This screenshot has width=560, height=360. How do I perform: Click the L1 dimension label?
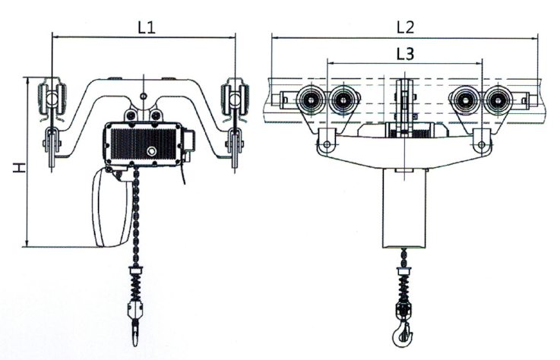click(147, 27)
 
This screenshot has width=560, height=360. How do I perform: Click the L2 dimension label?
click(406, 27)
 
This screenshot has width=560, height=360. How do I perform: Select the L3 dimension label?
click(405, 54)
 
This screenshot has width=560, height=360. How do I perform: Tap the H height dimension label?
click(19, 167)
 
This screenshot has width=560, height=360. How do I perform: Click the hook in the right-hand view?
click(403, 334)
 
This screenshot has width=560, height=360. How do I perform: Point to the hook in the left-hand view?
click(135, 333)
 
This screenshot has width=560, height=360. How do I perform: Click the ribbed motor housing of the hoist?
click(144, 144)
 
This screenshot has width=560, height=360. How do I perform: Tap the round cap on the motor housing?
click(151, 151)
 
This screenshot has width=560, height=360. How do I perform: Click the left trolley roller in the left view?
click(52, 98)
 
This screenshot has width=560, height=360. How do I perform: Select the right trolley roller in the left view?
click(235, 99)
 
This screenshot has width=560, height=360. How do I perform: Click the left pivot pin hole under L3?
click(327, 144)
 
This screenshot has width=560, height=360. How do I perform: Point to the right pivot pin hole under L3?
click(482, 144)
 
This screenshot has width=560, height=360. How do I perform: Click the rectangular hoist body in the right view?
click(404, 208)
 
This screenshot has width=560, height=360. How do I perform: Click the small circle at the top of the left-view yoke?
click(143, 96)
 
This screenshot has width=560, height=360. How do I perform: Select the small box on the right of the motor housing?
click(189, 141)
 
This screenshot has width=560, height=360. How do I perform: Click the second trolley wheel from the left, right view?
click(343, 101)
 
